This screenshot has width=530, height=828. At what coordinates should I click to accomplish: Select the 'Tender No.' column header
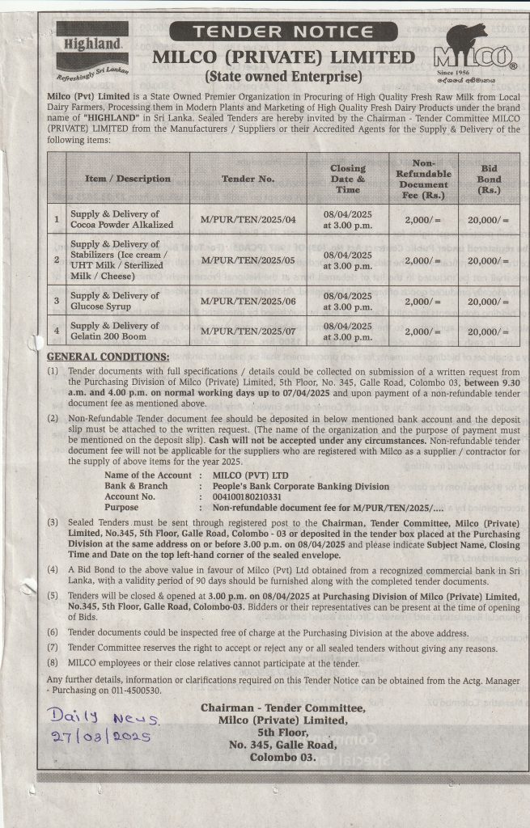[x=248, y=178]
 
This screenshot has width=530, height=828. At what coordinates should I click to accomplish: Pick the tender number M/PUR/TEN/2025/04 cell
[x=248, y=219]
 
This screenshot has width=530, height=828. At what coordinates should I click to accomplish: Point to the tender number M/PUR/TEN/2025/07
[x=248, y=332]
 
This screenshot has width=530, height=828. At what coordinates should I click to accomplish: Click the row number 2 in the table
[x=57, y=260]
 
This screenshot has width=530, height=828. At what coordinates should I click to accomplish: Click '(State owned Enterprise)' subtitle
[x=282, y=78]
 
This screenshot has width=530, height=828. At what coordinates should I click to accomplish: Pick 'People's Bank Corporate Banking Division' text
[x=300, y=486]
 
